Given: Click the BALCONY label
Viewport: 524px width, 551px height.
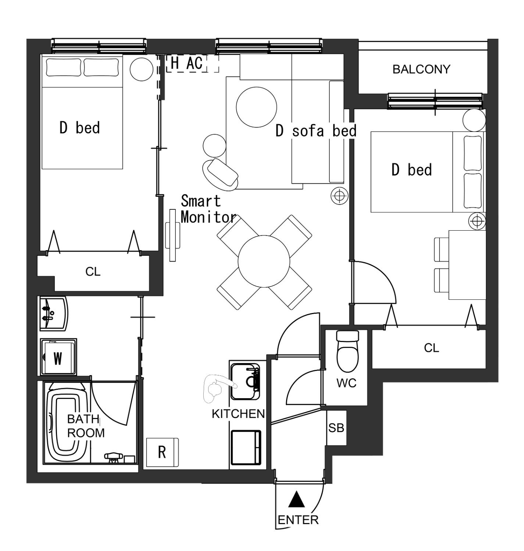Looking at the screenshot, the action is (x=421, y=69).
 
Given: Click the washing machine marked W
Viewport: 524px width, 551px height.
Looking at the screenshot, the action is (x=58, y=356).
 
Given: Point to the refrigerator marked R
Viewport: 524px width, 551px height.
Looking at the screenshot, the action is (x=162, y=452).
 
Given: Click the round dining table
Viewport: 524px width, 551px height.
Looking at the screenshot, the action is (x=264, y=262).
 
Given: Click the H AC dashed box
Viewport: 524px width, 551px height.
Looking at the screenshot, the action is (x=192, y=63).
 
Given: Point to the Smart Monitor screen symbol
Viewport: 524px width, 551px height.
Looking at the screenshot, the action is (x=172, y=235).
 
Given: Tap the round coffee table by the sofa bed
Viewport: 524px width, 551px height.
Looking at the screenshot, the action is (x=256, y=107).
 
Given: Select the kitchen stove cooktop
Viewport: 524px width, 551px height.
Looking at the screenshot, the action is (x=246, y=447).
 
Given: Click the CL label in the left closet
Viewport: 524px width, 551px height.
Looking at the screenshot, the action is (x=93, y=271).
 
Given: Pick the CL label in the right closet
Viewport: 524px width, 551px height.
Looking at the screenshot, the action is (x=431, y=348).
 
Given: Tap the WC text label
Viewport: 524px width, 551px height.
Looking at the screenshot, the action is (x=347, y=383).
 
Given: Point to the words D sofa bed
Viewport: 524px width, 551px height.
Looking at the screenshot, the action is (x=316, y=131).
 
